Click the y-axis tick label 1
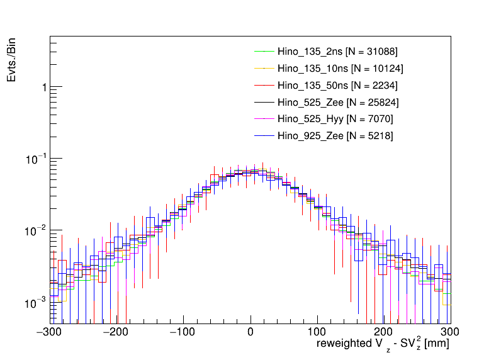click(43, 87)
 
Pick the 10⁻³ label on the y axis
click(38, 302)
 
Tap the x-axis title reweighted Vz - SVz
click(382, 346)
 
